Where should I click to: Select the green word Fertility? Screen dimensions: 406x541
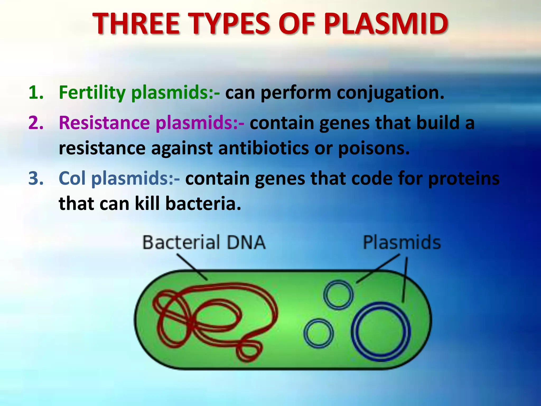92,93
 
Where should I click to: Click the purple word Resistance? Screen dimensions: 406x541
104,123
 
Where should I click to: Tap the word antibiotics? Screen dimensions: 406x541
263,148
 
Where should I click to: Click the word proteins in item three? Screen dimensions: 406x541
464,178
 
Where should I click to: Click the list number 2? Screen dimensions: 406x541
36,123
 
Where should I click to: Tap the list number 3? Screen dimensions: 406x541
36,178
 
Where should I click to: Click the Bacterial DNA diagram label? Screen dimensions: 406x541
204,242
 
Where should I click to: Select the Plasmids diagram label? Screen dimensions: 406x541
402,242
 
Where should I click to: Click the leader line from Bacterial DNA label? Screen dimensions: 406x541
192,267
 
